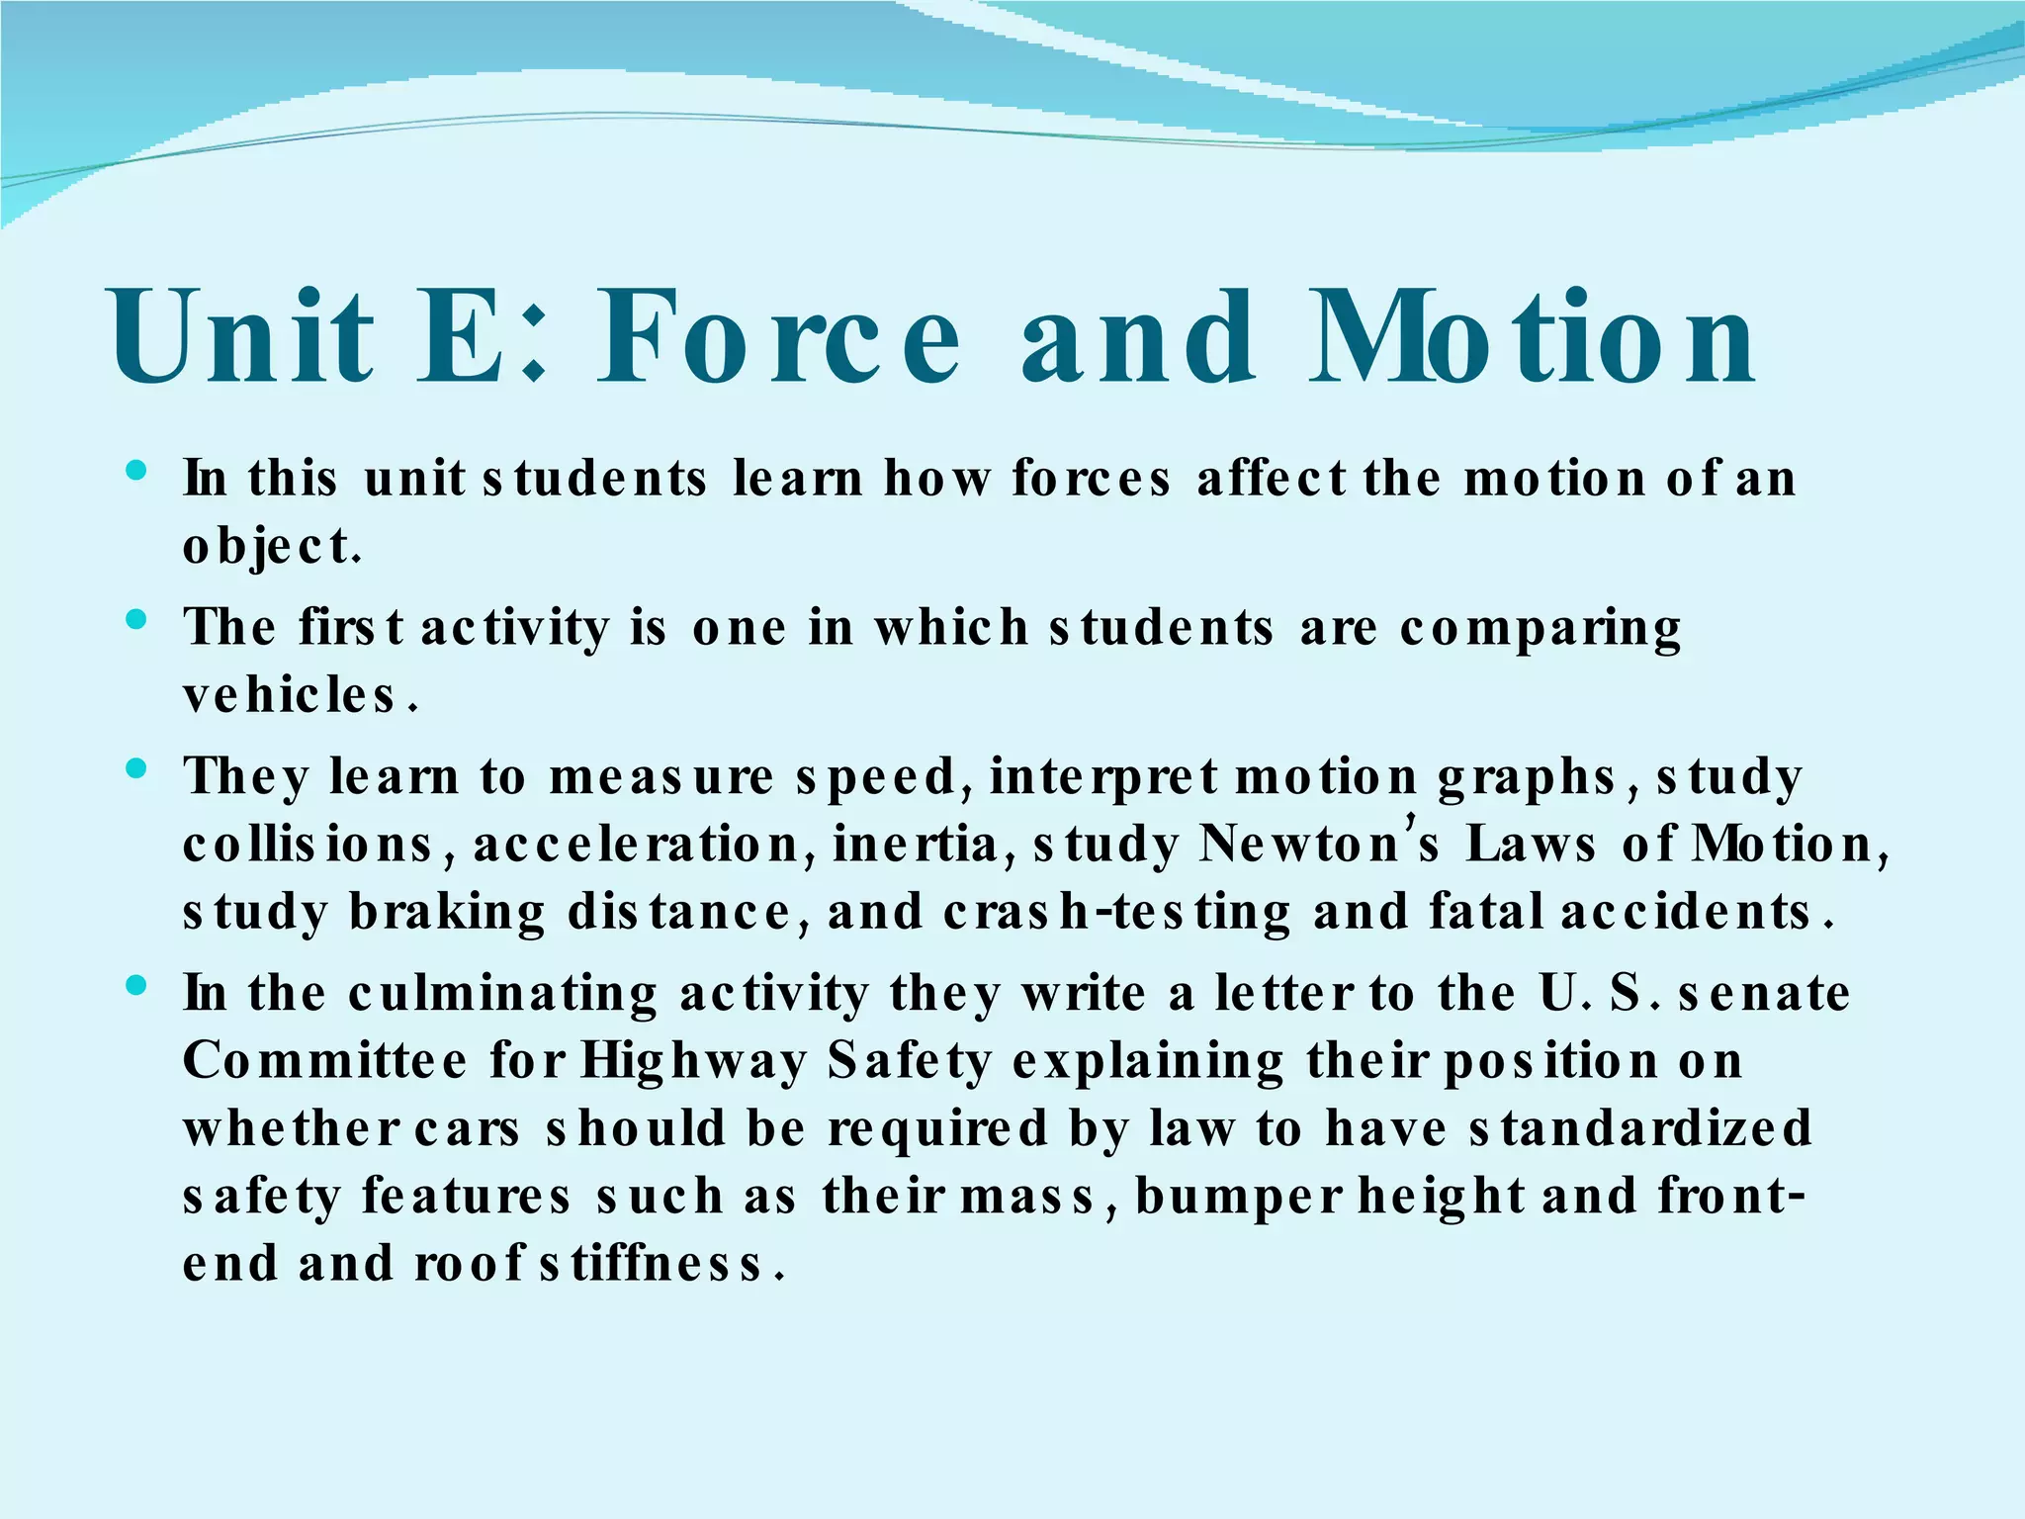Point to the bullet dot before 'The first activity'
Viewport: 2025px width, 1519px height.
point(137,620)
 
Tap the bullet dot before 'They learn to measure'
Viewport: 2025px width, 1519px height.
point(137,768)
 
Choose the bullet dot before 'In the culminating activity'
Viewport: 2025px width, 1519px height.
point(137,985)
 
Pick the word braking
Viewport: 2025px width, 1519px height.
point(447,913)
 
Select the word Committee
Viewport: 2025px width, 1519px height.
point(325,1062)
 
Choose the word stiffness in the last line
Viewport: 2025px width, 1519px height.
point(653,1265)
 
